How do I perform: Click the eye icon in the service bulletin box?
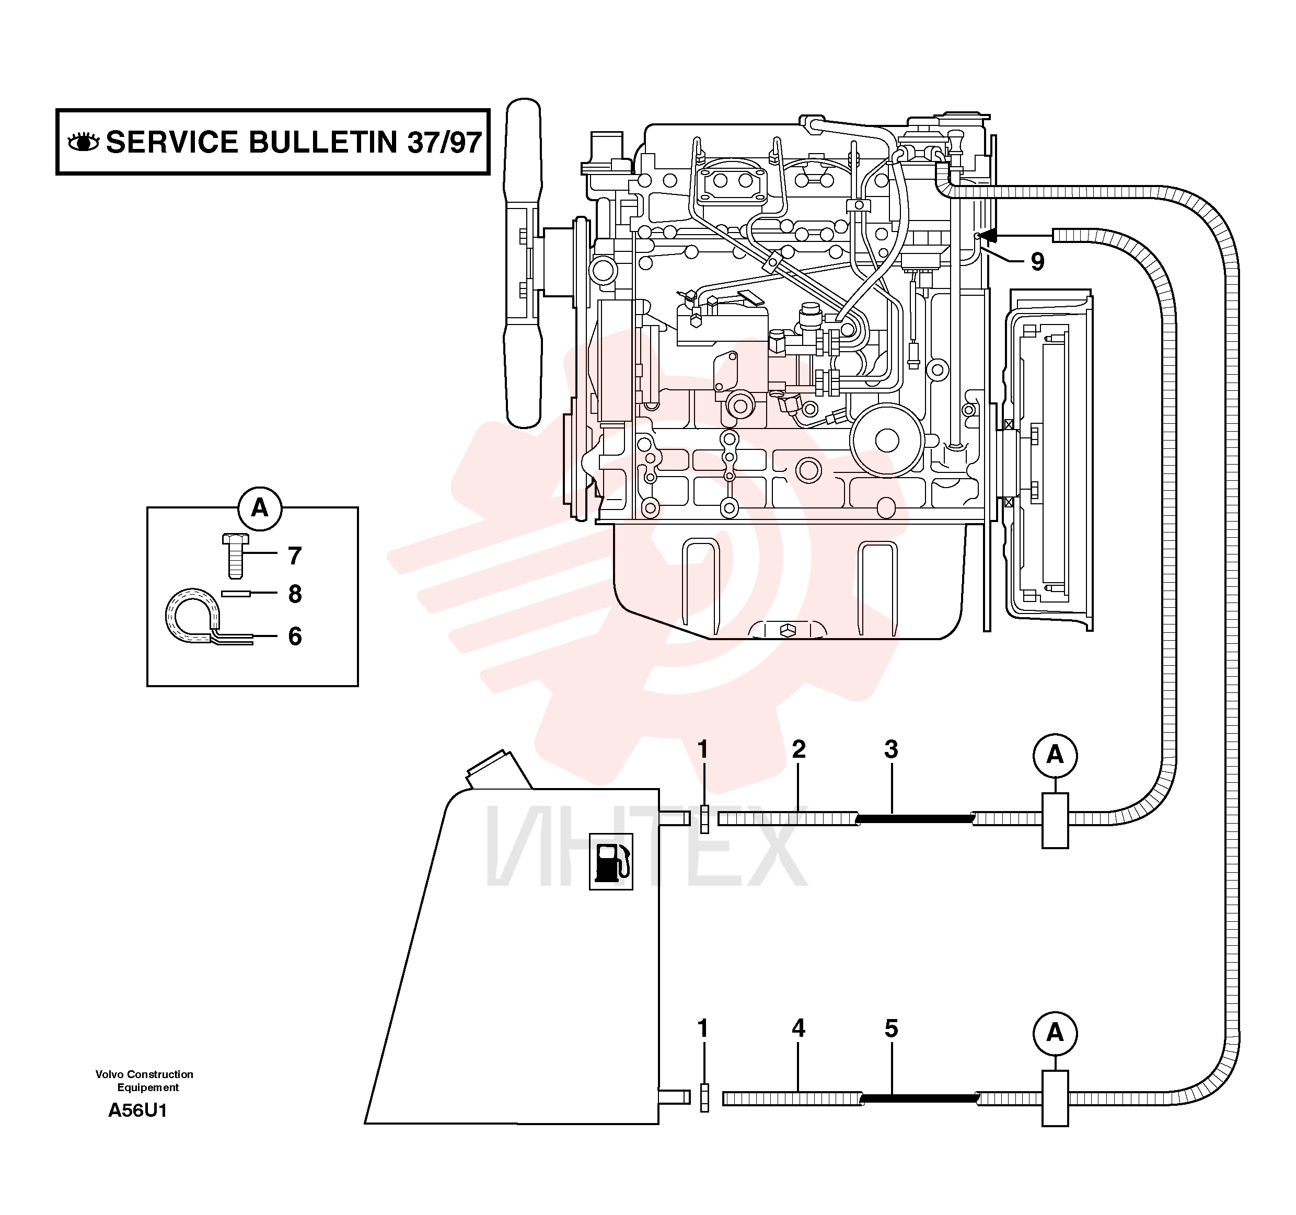84,142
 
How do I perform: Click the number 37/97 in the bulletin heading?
445,142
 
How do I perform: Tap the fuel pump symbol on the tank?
611,861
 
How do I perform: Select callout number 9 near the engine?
1037,261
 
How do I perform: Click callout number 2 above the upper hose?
799,749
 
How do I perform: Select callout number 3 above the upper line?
891,749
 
